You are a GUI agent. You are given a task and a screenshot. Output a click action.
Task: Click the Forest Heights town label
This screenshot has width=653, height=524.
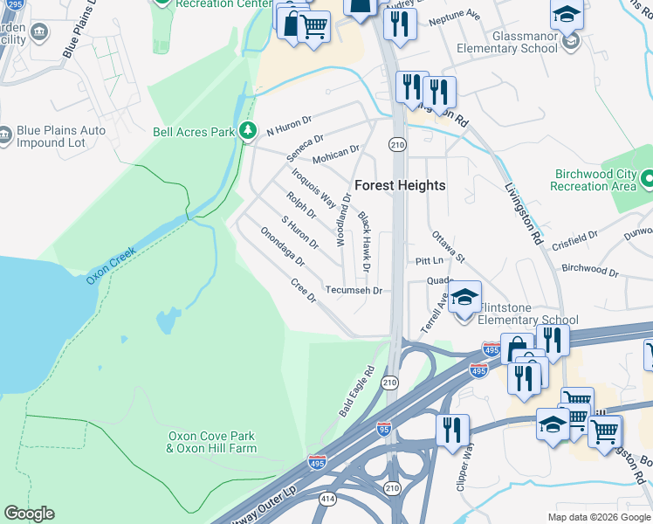click(400, 185)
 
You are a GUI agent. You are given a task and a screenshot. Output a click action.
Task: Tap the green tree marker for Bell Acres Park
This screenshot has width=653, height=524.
click(249, 131)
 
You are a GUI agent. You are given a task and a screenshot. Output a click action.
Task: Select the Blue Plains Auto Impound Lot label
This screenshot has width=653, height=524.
click(61, 136)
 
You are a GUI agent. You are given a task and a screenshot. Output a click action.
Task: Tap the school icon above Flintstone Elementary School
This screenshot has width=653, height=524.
click(465, 296)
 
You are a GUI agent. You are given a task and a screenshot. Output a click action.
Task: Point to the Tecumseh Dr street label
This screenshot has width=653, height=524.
click(354, 290)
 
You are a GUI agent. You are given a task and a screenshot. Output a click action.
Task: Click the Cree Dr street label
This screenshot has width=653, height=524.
click(303, 292)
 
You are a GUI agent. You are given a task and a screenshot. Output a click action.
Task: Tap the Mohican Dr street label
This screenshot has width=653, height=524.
click(336, 154)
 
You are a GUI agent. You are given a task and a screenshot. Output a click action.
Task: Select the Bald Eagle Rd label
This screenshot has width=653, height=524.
click(356, 390)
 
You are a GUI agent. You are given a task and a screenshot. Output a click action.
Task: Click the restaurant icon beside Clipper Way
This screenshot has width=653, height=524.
click(452, 430)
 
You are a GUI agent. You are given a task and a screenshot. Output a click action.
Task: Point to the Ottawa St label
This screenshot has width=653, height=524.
click(448, 247)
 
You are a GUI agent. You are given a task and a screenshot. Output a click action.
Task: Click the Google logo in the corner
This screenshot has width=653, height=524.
click(29, 514)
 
